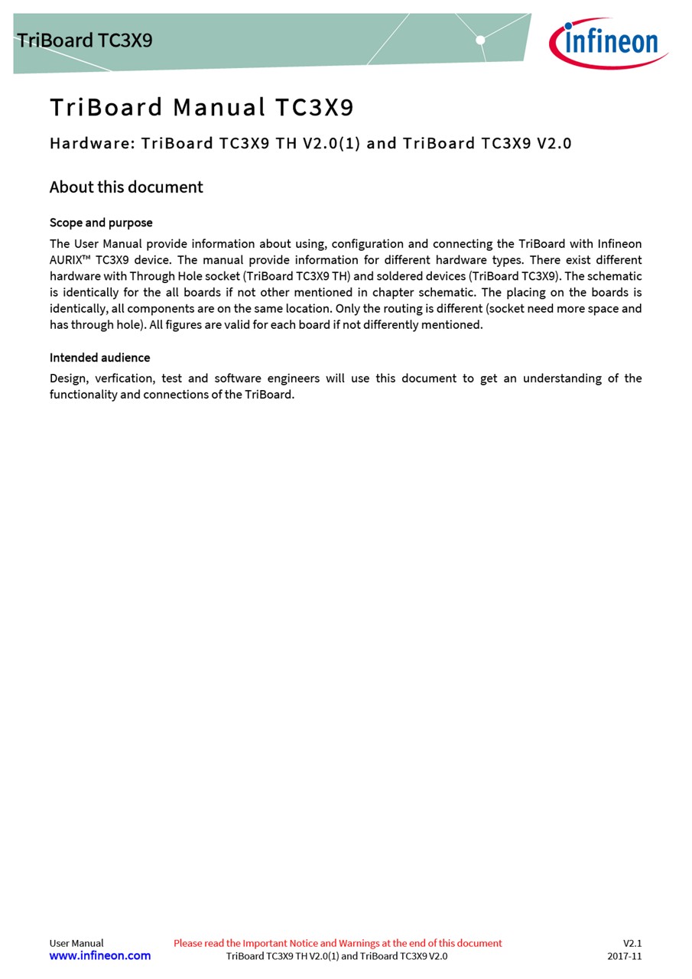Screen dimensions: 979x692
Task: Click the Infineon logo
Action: point(608,42)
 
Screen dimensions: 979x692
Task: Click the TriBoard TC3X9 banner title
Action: point(85,40)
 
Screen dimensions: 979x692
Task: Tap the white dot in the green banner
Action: point(480,40)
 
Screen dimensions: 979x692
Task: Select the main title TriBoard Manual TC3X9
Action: point(202,108)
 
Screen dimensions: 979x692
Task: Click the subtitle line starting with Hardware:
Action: point(310,143)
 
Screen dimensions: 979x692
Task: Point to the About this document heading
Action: point(126,187)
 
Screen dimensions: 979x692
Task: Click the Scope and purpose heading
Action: point(101,223)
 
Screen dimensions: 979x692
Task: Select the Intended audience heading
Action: point(99,358)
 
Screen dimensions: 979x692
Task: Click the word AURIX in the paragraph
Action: point(66,260)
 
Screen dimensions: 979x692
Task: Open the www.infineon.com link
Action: point(100,956)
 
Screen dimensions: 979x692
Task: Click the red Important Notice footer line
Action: point(337,943)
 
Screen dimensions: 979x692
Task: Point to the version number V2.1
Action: point(632,943)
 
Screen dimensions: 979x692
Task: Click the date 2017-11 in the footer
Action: point(624,956)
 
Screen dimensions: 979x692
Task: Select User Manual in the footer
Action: point(76,943)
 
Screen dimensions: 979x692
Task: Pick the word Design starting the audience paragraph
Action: point(68,379)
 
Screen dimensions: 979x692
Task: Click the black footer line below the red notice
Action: point(336,956)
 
